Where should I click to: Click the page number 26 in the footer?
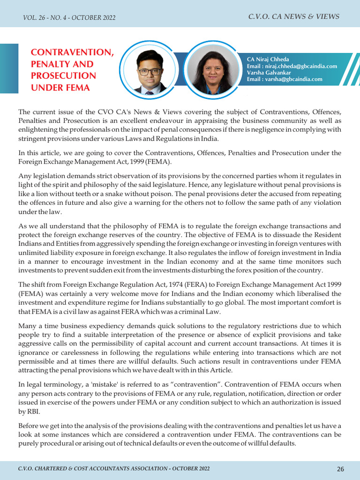tap(340, 469)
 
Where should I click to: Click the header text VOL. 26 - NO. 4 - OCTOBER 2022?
tap(69, 18)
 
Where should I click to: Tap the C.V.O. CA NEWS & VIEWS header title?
tap(294, 17)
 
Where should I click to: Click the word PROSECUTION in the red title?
tap(63, 76)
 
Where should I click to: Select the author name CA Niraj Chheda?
tap(268, 60)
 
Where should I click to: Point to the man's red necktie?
tap(150, 92)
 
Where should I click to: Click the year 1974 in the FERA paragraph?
tap(157, 284)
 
